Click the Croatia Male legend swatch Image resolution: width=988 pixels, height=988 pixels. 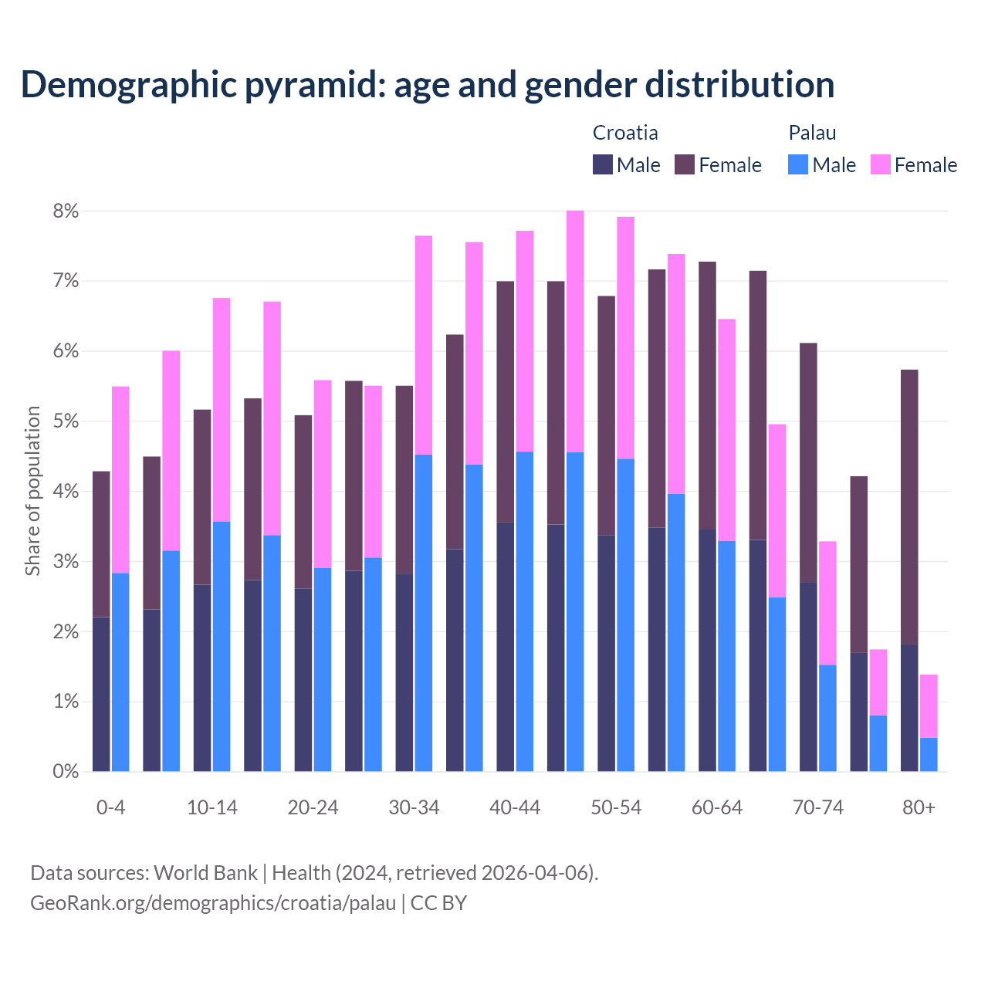click(602, 164)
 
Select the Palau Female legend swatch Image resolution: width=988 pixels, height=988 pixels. click(880, 164)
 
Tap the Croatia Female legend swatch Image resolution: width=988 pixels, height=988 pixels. click(685, 164)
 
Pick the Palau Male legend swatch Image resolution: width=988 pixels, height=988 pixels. click(798, 164)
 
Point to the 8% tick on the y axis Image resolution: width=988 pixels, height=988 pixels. click(65, 211)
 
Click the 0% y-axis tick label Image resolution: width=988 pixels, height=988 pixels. click(65, 771)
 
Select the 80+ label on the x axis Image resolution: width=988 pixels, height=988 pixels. click(919, 808)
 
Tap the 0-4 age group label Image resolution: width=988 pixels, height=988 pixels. click(110, 808)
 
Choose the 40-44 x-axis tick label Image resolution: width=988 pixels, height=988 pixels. click(515, 808)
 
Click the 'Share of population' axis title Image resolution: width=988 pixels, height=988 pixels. click(32, 491)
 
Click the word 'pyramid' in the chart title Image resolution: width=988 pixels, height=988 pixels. click(313, 85)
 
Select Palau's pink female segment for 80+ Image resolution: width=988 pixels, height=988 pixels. click(929, 705)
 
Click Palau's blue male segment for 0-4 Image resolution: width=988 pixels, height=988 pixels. click(120, 672)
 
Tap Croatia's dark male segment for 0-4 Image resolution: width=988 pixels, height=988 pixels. click(100, 694)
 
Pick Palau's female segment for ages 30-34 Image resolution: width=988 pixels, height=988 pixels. click(424, 345)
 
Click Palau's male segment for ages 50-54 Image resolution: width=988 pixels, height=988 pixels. click(625, 614)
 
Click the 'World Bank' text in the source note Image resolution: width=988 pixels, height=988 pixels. click(205, 873)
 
